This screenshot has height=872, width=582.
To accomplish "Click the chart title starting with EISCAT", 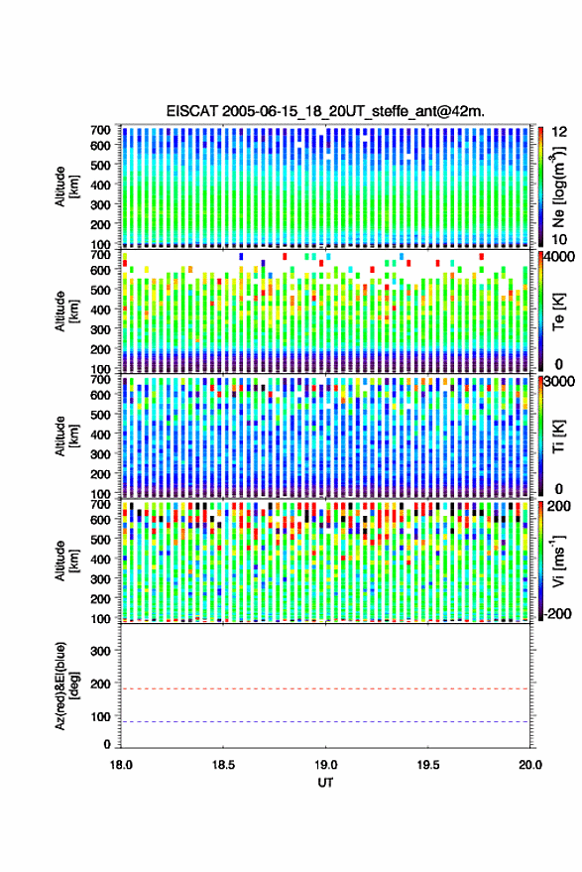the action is [325, 111].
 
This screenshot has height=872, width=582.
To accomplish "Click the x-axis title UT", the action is [325, 783].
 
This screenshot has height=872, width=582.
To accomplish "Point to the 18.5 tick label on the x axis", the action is [223, 765].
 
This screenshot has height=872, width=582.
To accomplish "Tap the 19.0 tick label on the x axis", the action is [325, 765].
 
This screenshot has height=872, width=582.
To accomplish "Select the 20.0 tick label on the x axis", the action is [530, 765].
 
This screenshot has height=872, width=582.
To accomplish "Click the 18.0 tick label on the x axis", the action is [121, 765].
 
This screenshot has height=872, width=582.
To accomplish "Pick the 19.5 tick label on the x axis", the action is [428, 765].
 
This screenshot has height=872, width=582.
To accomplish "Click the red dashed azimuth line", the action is [325, 689].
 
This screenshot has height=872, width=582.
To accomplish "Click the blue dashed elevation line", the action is [325, 722].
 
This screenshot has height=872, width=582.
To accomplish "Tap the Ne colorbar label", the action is [558, 187].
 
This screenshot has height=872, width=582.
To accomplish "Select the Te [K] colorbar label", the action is [558, 311].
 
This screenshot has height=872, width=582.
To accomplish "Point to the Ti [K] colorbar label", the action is [558, 436].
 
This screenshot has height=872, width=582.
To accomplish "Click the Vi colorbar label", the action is [558, 561].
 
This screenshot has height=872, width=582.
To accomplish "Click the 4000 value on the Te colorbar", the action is [560, 258].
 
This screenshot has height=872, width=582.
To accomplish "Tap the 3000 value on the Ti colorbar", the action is [560, 382].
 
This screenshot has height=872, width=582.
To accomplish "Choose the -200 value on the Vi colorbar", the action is [557, 614].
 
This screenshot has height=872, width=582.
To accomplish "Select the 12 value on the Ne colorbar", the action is [560, 132].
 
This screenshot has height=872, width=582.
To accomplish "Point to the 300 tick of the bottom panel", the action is [100, 651].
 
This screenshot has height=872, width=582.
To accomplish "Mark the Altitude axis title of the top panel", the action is [67, 187].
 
